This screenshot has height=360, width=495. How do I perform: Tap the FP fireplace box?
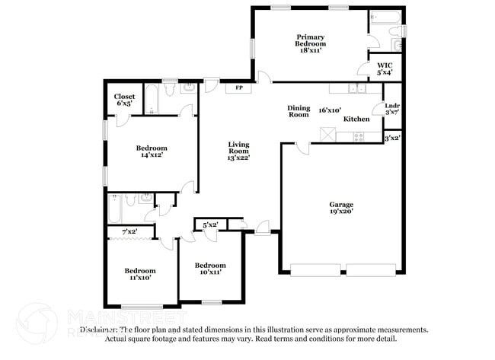(239, 88)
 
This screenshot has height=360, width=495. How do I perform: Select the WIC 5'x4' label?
(385, 69)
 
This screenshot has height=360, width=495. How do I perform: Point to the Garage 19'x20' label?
(340, 209)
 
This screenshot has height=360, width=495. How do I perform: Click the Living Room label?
(239, 152)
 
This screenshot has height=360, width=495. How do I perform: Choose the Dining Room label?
(299, 111)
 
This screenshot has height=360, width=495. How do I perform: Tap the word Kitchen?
(356, 119)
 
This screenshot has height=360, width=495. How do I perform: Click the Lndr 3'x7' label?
(392, 109)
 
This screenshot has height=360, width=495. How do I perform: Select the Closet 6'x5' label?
(124, 100)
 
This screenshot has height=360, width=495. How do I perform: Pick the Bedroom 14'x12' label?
(152, 151)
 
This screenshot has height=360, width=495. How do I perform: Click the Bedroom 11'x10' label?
(140, 274)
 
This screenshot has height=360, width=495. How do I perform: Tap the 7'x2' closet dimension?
(130, 231)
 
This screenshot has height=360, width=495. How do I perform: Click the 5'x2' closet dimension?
(210, 225)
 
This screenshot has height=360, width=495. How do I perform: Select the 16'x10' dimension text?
(330, 110)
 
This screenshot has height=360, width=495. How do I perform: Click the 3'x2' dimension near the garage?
(392, 139)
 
